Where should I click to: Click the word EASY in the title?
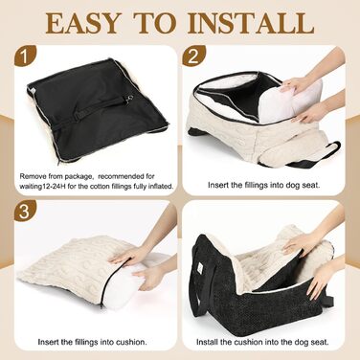pyautogui.click(x=82, y=23)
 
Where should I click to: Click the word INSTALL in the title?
pyautogui.click(x=251, y=23)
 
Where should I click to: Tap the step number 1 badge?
pyautogui.click(x=24, y=57)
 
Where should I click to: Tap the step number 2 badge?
pyautogui.click(x=193, y=57)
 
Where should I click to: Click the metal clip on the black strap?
pyautogui.click(x=129, y=100)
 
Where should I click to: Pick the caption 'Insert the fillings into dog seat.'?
pyautogui.click(x=263, y=185)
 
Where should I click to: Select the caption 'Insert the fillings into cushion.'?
pyautogui.click(x=93, y=342)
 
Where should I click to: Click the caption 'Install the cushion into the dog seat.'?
pyautogui.click(x=262, y=342)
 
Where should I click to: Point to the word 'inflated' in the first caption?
pyautogui.click(x=161, y=186)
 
